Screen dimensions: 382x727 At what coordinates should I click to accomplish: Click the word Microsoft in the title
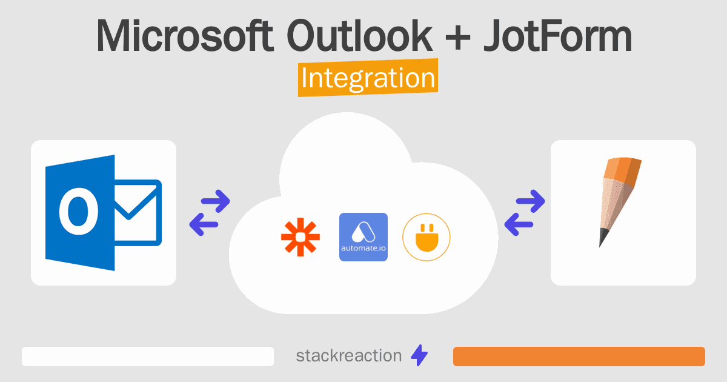point(184,36)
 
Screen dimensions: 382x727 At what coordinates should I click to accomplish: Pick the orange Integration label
point(368,79)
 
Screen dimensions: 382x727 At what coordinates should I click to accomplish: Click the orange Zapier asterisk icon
point(300,237)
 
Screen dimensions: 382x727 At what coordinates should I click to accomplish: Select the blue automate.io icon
point(363,237)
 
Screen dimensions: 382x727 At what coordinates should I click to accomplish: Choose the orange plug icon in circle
point(427,237)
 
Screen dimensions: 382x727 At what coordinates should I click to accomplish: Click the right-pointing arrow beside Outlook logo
point(216,200)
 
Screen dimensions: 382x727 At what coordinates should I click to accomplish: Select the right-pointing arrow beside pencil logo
point(530,200)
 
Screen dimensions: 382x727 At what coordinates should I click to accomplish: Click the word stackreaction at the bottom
point(348,356)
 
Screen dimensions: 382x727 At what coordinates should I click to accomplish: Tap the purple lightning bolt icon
point(419,356)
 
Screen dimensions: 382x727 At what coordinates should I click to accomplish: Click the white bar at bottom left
point(148,357)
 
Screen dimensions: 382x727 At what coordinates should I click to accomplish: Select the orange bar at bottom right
point(579,357)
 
